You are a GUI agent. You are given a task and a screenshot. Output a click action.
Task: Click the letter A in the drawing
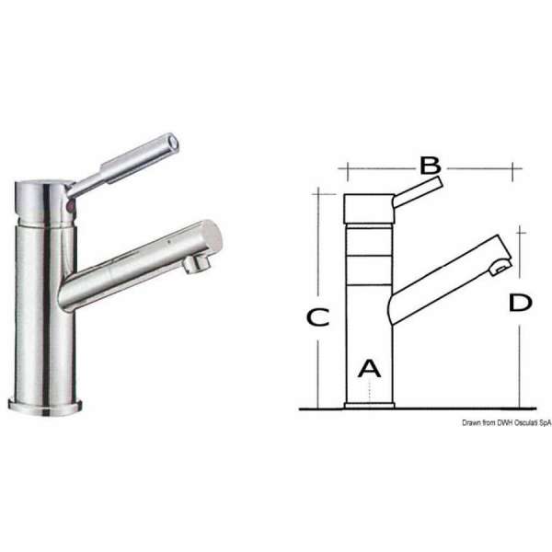point(368,368)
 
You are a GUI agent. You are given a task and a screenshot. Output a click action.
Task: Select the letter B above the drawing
point(431,166)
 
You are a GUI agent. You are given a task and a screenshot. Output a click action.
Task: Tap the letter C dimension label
point(317,317)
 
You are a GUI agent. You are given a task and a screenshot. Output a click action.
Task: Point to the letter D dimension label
point(520,303)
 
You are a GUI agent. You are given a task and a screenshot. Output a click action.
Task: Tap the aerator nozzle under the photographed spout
point(195,265)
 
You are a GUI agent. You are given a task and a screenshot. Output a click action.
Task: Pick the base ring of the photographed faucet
point(45,402)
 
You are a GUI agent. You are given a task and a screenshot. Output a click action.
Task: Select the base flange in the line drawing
point(368,405)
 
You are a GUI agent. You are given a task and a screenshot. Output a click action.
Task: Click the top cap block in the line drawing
point(368,208)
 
